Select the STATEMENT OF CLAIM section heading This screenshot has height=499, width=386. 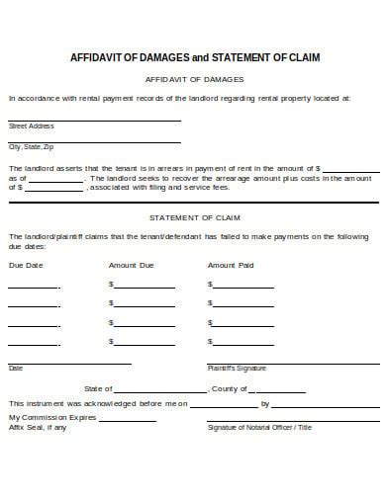pyautogui.click(x=194, y=215)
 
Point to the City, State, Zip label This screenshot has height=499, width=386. pyautogui.click(x=30, y=146)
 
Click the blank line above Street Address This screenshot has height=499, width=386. pyautogui.click(x=94, y=120)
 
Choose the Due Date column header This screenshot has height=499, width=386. pyautogui.click(x=26, y=265)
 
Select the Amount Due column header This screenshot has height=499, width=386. pyautogui.click(x=132, y=265)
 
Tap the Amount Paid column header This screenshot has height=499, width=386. pyautogui.click(x=231, y=265)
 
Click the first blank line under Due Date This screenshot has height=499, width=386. pyautogui.click(x=34, y=285)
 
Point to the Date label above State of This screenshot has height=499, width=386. pyautogui.click(x=16, y=368)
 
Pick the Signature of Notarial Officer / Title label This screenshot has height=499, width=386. pyautogui.click(x=259, y=427)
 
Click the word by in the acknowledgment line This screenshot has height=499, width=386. pyautogui.click(x=264, y=403)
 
